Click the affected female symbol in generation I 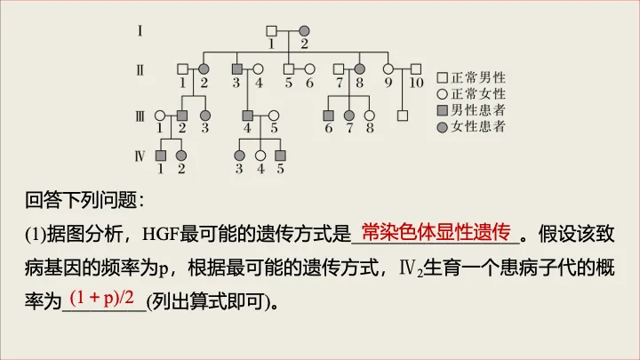[304, 30]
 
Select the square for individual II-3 [237, 69]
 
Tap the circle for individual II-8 [360, 69]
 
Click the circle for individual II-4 [259, 69]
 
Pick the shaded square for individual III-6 [328, 115]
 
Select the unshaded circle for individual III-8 [370, 115]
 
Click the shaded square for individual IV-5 [280, 156]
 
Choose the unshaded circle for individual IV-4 [260, 156]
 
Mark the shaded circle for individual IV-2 [181, 156]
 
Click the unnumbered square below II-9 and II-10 [402, 115]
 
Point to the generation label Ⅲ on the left [140, 115]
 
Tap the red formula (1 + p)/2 [107, 295]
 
